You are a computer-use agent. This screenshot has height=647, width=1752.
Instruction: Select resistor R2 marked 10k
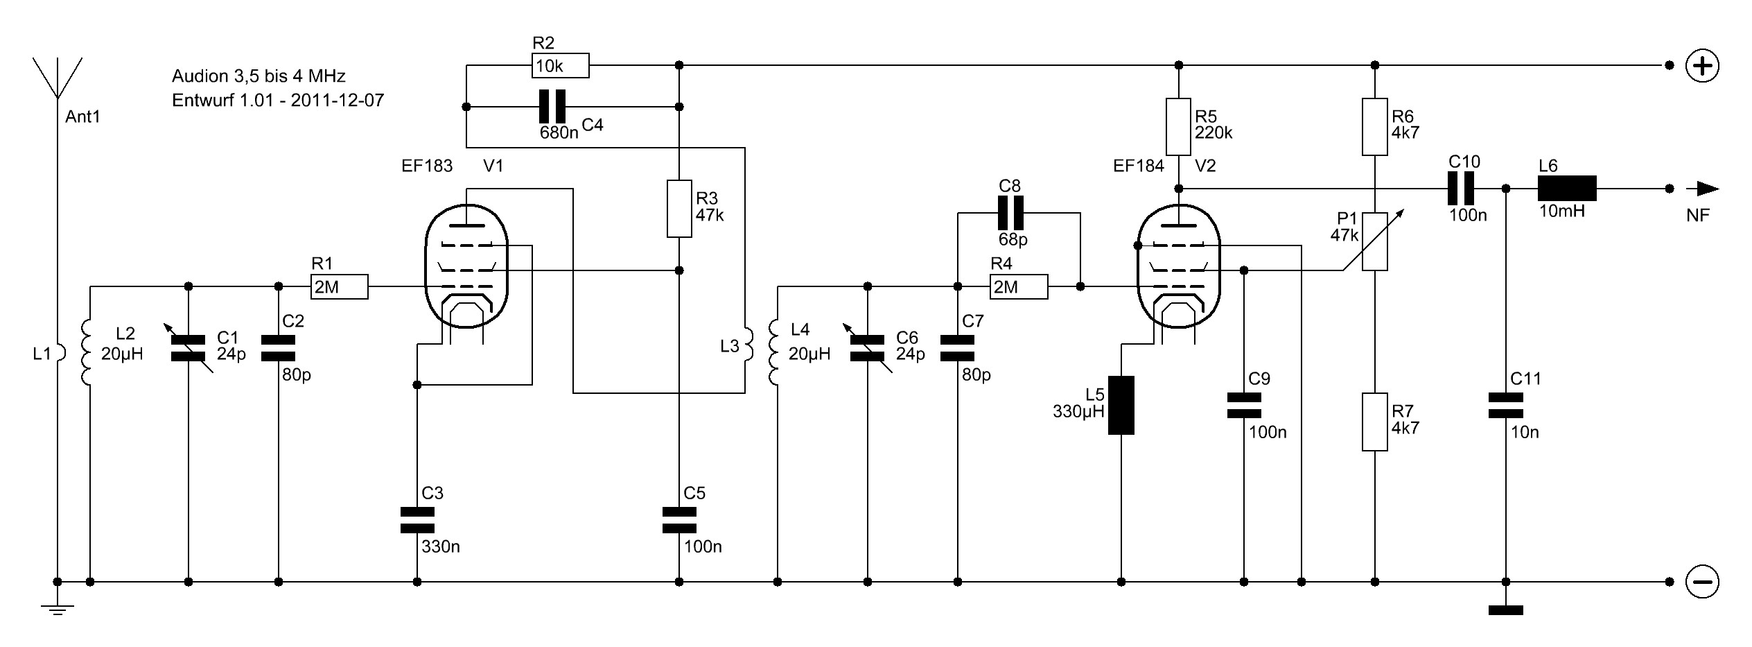coord(560,66)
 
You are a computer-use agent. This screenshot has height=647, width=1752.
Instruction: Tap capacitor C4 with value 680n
coord(552,107)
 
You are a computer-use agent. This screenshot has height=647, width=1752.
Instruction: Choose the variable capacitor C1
coord(189,348)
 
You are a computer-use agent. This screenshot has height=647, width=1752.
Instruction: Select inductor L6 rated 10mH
coord(1567,189)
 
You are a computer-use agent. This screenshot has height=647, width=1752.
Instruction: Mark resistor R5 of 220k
coord(1178,127)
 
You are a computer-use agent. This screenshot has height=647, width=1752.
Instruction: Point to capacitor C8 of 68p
coord(1010,213)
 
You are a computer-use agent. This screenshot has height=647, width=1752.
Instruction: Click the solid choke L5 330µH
coord(1121,406)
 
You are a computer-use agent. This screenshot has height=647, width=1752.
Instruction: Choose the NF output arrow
coord(1702,189)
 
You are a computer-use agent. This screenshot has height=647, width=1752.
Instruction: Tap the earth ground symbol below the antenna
coord(58,610)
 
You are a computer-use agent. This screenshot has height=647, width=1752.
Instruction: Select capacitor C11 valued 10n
coord(1506,406)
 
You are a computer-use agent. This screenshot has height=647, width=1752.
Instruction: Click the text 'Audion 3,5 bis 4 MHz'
coord(259,76)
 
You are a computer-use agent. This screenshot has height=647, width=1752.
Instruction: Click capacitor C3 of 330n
coord(417,520)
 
